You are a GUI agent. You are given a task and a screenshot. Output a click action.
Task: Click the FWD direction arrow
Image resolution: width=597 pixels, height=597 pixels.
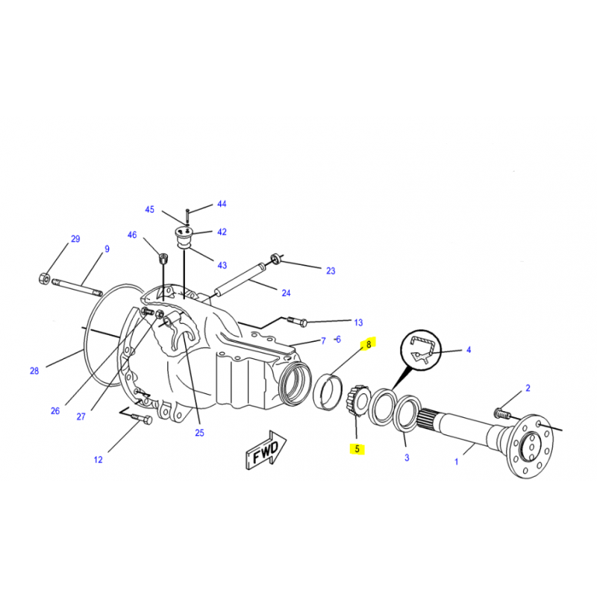click(x=266, y=451)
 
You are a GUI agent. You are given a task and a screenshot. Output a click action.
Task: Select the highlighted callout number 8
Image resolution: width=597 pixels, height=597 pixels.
click(x=368, y=345)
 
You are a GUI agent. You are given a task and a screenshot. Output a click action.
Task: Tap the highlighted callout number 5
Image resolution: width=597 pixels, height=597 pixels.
click(x=357, y=449)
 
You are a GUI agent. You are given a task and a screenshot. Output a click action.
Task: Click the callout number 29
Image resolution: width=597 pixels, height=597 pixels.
click(x=75, y=239)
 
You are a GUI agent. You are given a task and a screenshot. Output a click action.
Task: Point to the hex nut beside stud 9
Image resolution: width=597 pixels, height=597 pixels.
click(x=44, y=278)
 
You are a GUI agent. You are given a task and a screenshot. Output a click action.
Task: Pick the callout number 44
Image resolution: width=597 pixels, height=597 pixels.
click(x=222, y=204)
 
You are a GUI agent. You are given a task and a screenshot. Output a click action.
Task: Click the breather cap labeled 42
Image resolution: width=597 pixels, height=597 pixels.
click(x=184, y=235)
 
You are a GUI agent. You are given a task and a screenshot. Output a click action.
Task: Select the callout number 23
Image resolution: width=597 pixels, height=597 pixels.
click(x=331, y=271)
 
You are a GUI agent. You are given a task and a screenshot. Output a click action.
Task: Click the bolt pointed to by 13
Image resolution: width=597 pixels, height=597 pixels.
click(x=296, y=322)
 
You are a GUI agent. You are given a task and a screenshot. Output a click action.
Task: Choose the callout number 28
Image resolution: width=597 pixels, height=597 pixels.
click(x=34, y=371)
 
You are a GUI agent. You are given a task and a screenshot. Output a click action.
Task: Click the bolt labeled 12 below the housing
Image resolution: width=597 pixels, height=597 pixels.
click(x=142, y=419)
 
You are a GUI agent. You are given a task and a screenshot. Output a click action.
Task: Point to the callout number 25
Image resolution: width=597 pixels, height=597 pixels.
click(x=199, y=433)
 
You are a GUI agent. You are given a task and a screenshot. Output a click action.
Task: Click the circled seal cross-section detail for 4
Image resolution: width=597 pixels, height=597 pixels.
click(x=421, y=350)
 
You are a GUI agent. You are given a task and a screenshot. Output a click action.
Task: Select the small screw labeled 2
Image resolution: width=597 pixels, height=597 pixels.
click(x=502, y=413)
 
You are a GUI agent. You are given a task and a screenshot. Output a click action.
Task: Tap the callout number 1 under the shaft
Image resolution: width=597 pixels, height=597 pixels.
click(x=457, y=462)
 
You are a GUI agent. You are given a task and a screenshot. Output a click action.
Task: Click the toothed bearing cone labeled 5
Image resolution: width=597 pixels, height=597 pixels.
click(x=358, y=401)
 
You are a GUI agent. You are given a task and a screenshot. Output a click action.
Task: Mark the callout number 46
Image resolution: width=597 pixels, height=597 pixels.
click(x=132, y=235)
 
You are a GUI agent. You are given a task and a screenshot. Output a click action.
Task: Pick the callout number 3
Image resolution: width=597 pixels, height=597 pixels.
click(x=407, y=457)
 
